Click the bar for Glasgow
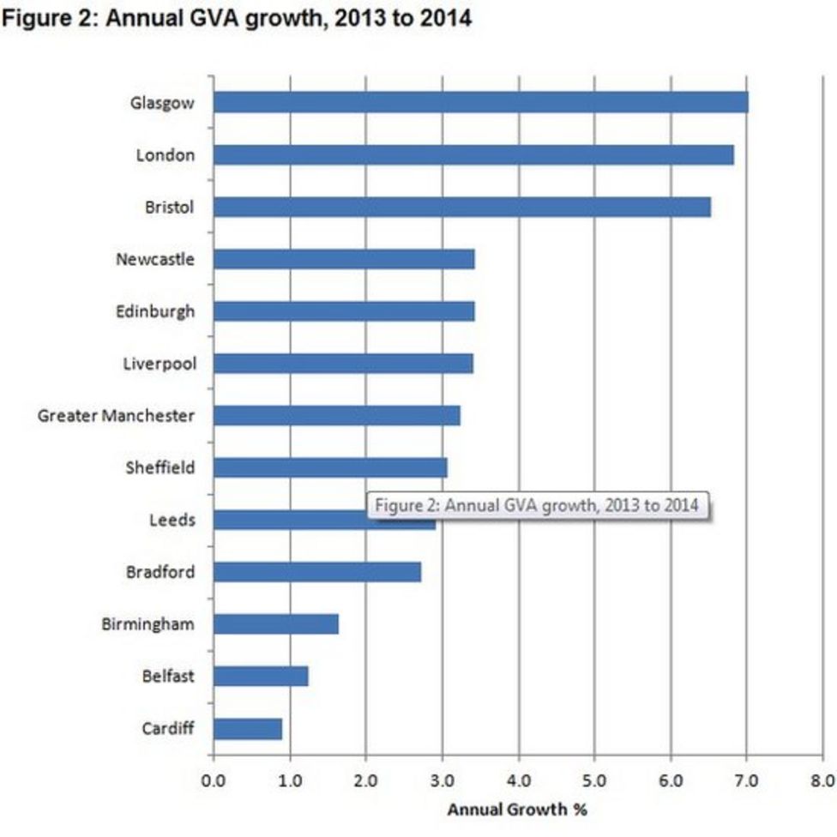[480, 103]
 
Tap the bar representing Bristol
[461, 208]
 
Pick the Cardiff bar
[247, 729]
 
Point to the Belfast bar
[261, 677]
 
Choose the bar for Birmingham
[275, 624]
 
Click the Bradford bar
[316, 572]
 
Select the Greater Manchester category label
[116, 416]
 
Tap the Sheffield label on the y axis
[160, 468]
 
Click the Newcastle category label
[155, 259]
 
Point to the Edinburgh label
[155, 311]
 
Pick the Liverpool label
[159, 364]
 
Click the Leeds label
[172, 521]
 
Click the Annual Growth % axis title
[517, 809]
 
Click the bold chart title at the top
[238, 18]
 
